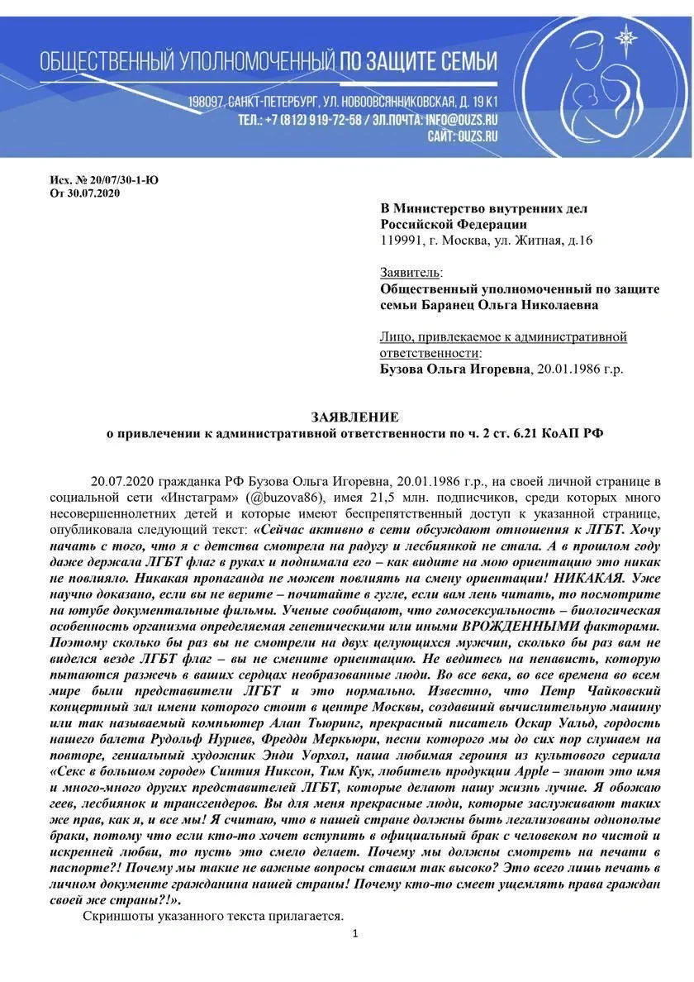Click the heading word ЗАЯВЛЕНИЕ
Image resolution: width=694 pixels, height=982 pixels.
click(354, 417)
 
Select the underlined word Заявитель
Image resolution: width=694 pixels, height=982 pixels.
click(410, 272)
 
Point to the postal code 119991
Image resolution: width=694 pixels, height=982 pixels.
click(401, 241)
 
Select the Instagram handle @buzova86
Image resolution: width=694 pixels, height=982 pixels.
click(281, 498)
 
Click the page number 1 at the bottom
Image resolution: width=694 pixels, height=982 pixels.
click(354, 933)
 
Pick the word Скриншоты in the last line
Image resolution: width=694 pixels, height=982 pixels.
click(115, 916)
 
